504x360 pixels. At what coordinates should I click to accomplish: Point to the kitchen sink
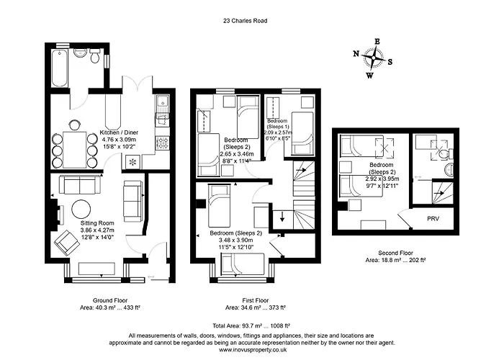pyautogui.click(x=162, y=106)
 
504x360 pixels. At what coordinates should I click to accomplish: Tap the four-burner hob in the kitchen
pyautogui.click(x=162, y=143)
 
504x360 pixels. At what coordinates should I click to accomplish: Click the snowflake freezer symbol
pyautogui.click(x=133, y=162)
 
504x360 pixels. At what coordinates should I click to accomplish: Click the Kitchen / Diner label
pyautogui.click(x=119, y=132)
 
